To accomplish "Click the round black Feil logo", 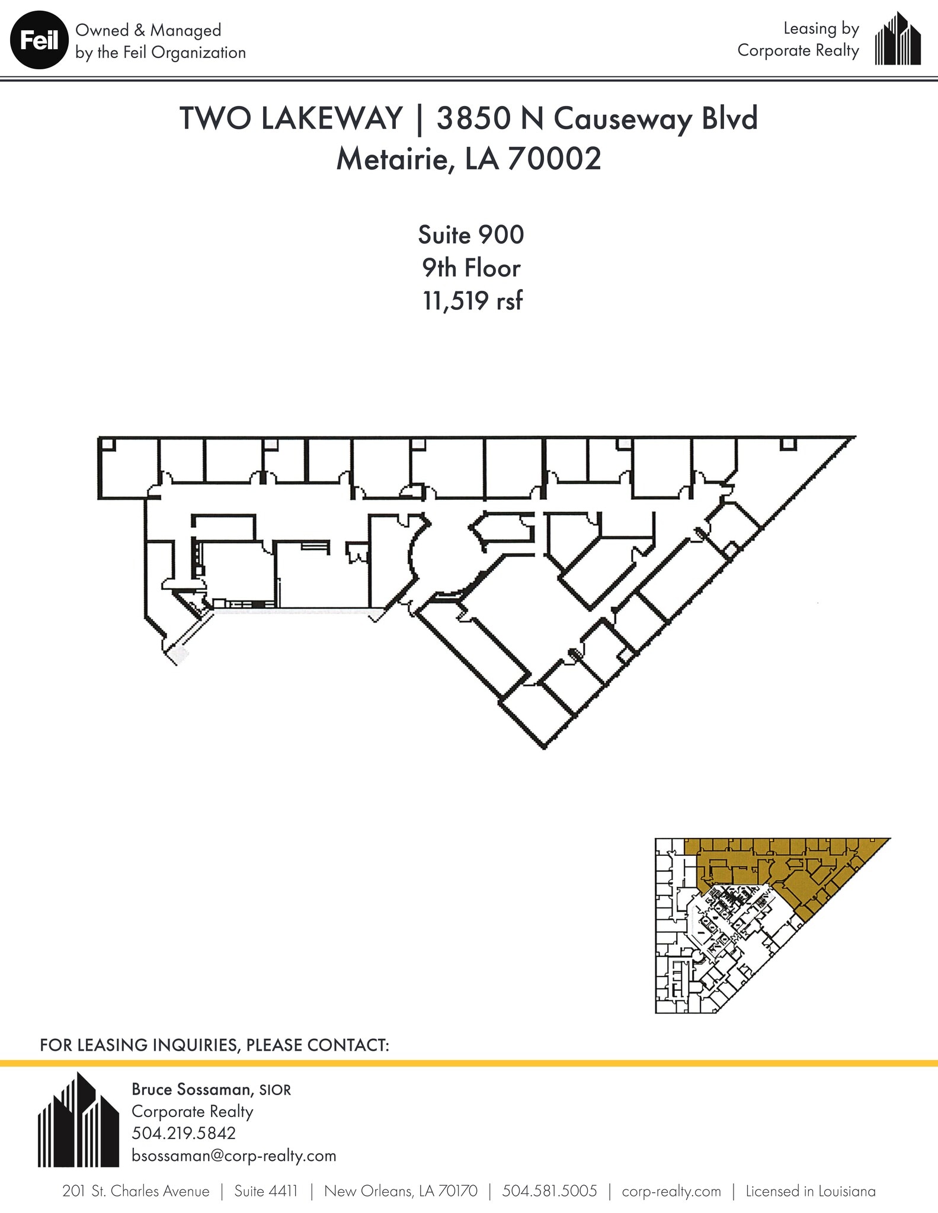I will pyautogui.click(x=39, y=41).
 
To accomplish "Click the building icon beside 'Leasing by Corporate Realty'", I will pyautogui.click(x=898, y=39).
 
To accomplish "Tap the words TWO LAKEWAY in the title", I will pyautogui.click(x=291, y=118).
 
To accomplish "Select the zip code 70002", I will pyautogui.click(x=553, y=159).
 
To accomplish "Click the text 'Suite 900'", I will pyautogui.click(x=470, y=235).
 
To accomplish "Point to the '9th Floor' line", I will pyautogui.click(x=470, y=268).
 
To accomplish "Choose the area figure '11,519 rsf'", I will pyautogui.click(x=472, y=301).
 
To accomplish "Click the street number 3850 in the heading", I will pyautogui.click(x=472, y=118).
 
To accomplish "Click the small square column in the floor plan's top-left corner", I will pyautogui.click(x=106, y=444).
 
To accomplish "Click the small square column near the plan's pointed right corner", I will pyautogui.click(x=787, y=444).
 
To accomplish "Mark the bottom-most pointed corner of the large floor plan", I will pyautogui.click(x=545, y=747).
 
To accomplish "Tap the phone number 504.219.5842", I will pyautogui.click(x=184, y=1133).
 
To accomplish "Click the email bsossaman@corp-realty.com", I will pyautogui.click(x=233, y=1156).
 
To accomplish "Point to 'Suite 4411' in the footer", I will pyautogui.click(x=265, y=1191).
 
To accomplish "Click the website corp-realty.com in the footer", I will pyautogui.click(x=671, y=1191).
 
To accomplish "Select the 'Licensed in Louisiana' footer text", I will pyautogui.click(x=810, y=1191).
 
